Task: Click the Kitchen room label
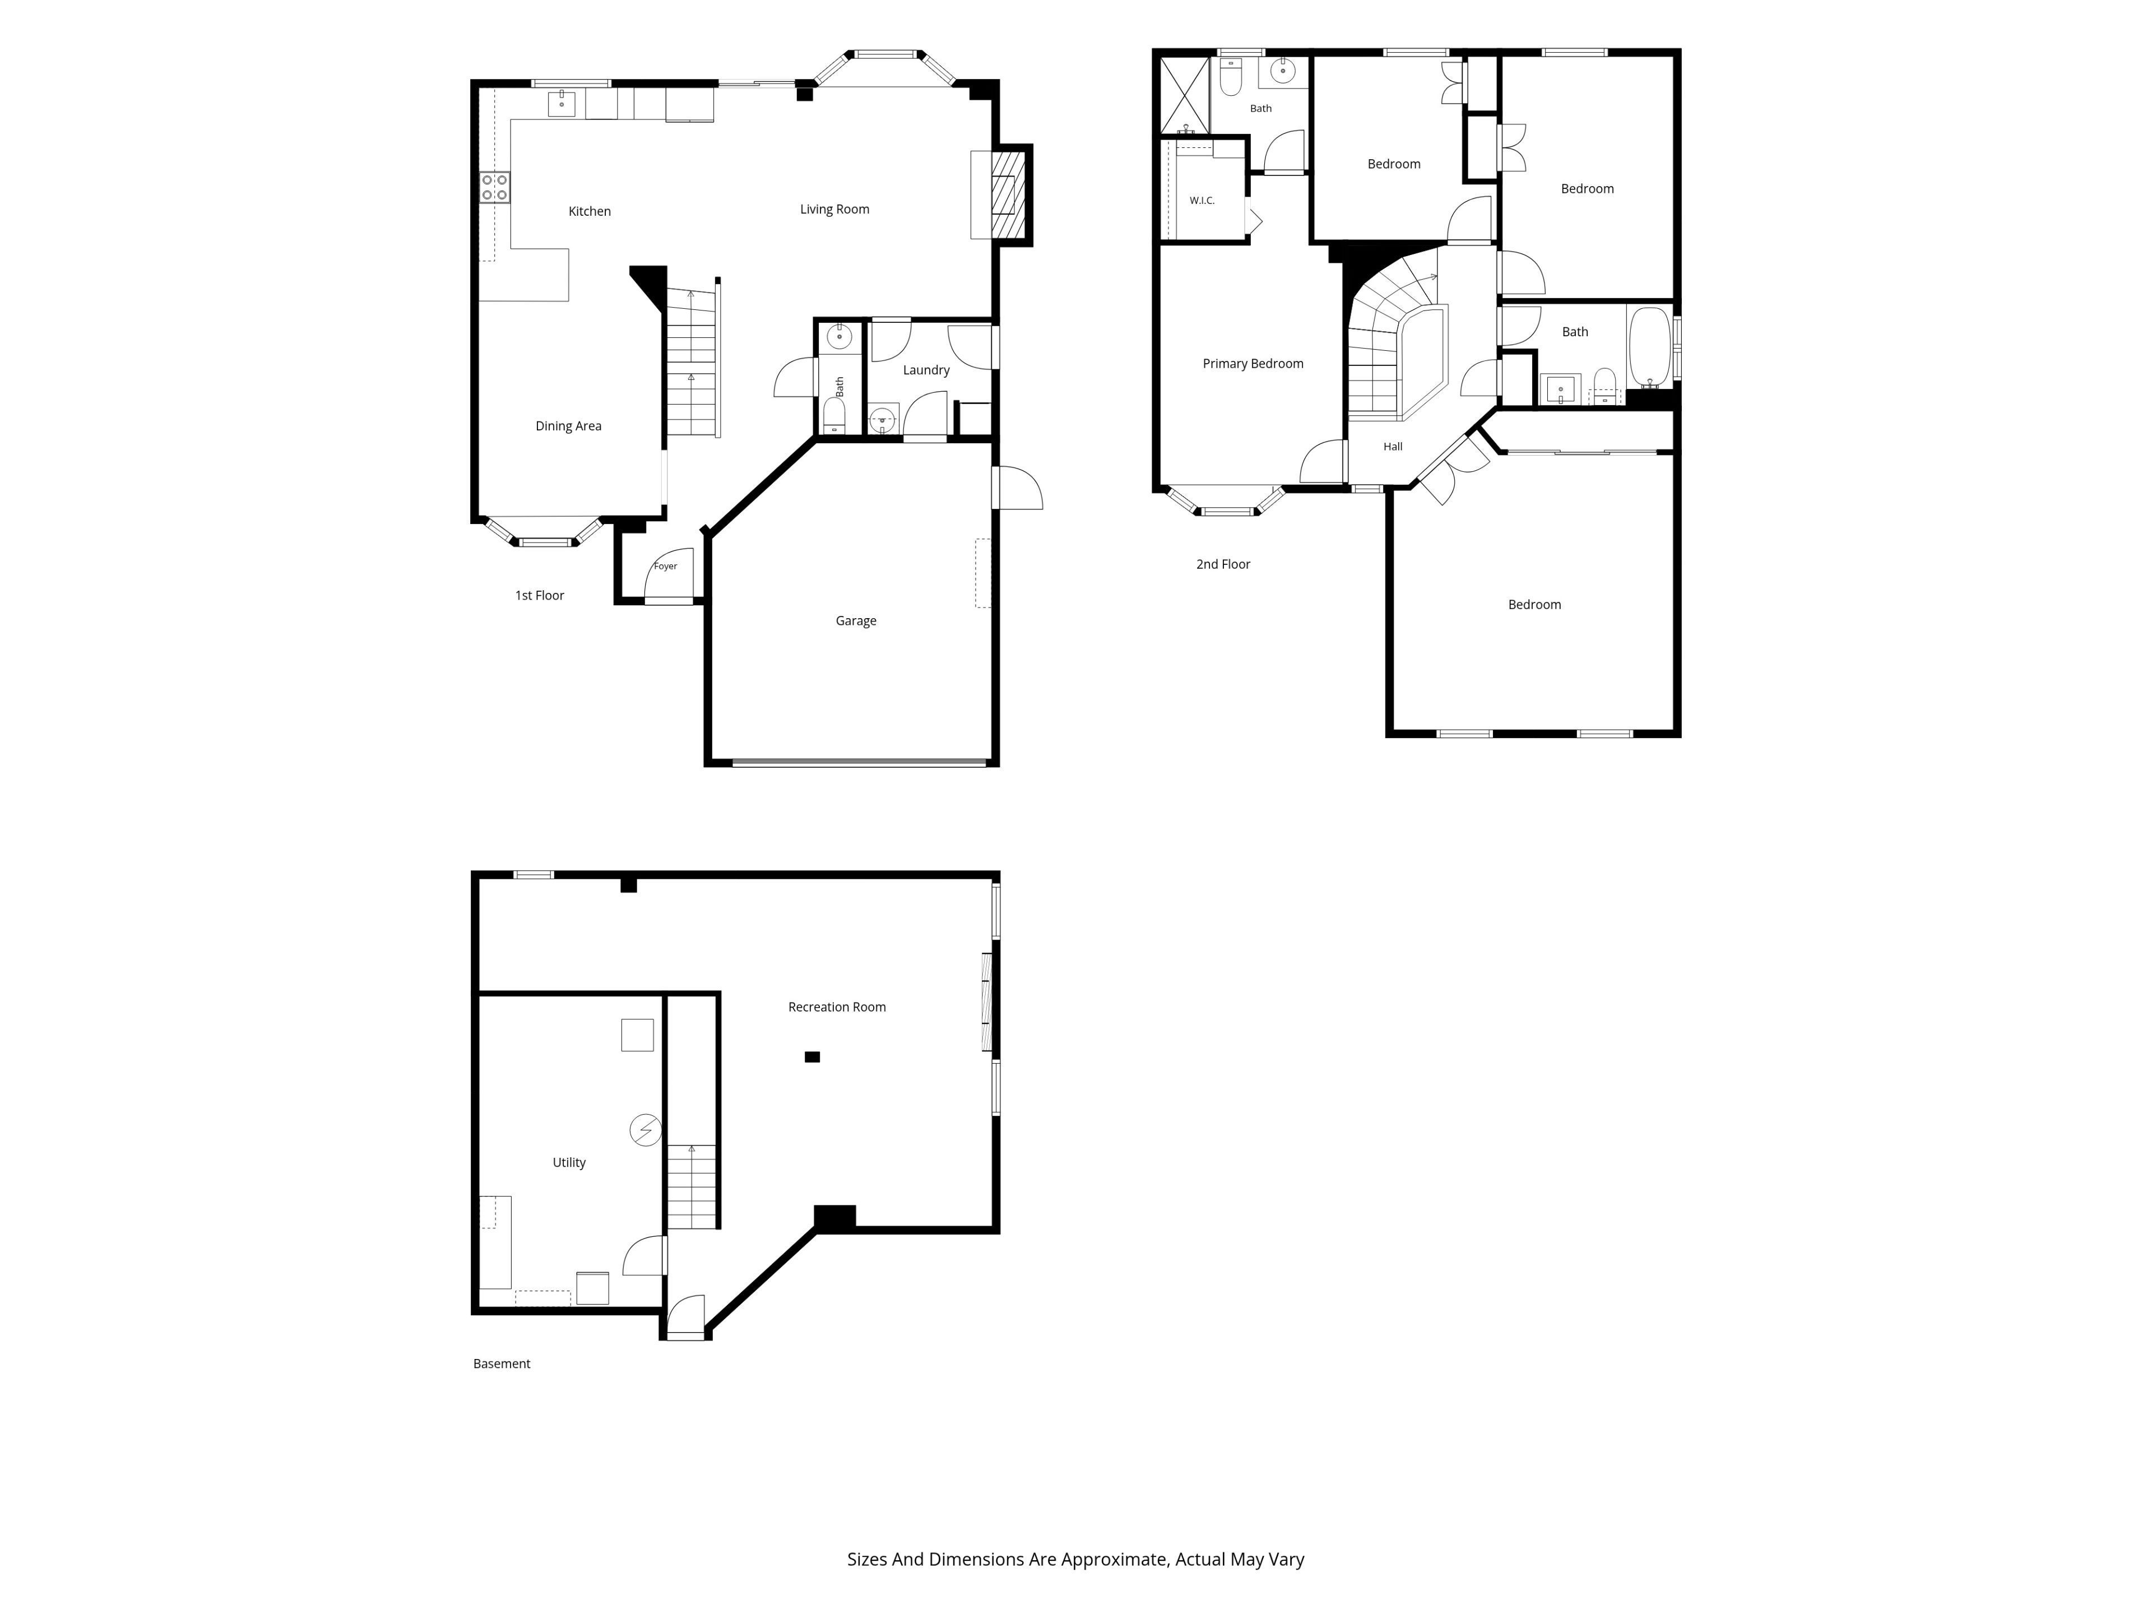pos(590,211)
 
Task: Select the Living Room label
pos(834,209)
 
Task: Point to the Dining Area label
pos(568,426)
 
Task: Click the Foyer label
pos(665,566)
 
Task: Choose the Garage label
pos(856,621)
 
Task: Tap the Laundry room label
pos(926,370)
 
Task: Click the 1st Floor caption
pos(540,595)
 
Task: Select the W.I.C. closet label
pos(1203,201)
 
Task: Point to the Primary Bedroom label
pos(1253,364)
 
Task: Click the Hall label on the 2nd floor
pos(1393,447)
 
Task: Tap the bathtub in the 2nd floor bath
pos(1649,347)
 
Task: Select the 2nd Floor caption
pos(1223,564)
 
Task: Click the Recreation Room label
pos(837,1007)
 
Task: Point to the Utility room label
pos(569,1163)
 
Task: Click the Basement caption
pos(502,1364)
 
